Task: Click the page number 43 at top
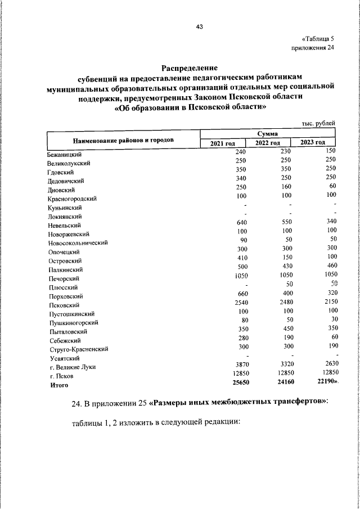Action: [x=199, y=26]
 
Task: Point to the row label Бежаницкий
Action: [x=66, y=155]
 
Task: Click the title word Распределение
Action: [x=190, y=67]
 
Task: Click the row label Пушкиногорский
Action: [x=74, y=323]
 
